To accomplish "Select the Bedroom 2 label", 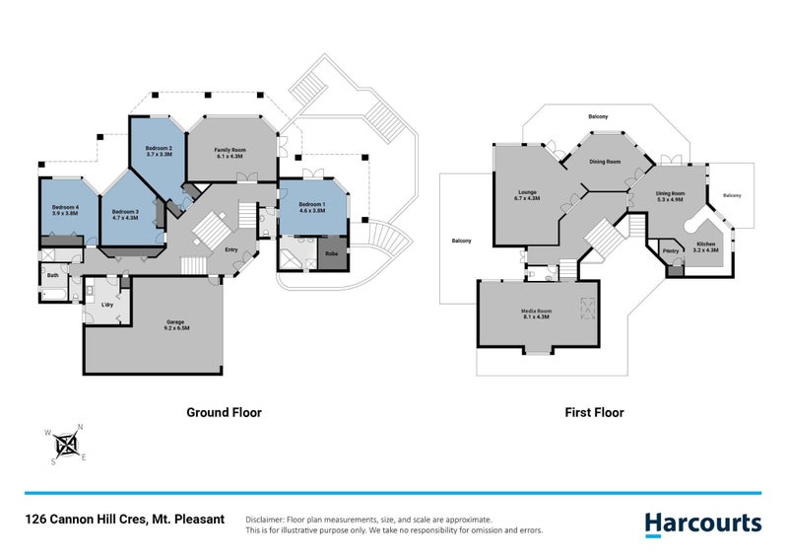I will click(159, 151).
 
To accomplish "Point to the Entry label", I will click(231, 249).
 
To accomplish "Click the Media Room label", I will click(537, 314).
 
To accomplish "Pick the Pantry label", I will click(673, 251).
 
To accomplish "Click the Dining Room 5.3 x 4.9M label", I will click(676, 196).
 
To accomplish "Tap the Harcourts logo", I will click(702, 523).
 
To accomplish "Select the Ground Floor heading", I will click(224, 413).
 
